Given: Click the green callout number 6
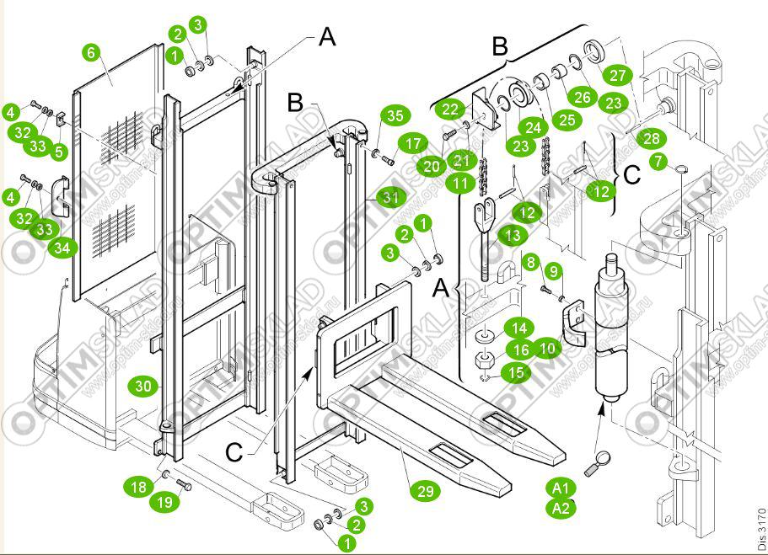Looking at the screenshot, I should [92, 52].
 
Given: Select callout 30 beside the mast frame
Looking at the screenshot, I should [144, 387].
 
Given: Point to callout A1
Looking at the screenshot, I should [561, 488].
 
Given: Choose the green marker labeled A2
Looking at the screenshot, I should [561, 507].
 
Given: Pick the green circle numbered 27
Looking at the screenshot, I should [618, 75].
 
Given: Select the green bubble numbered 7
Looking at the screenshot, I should [658, 159].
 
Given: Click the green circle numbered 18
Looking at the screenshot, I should [139, 487].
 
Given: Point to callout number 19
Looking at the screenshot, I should [164, 502].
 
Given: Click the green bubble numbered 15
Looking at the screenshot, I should [514, 371].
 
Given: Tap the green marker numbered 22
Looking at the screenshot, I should [452, 109].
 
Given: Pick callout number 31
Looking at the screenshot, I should [390, 198].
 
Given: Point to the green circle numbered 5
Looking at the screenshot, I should [59, 152].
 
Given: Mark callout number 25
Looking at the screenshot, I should [567, 119].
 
